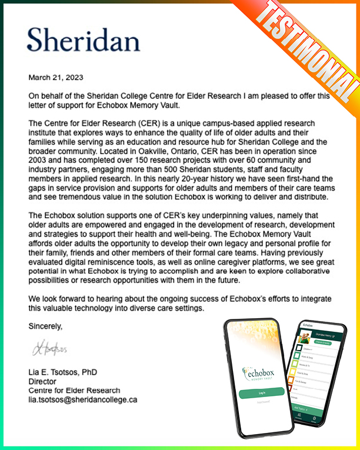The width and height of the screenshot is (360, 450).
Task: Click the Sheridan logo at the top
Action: click(x=83, y=39)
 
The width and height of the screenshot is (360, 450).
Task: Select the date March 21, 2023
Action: click(x=56, y=77)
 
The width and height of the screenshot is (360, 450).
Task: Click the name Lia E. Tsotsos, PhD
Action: click(x=63, y=372)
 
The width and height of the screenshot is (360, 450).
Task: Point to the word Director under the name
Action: click(x=43, y=381)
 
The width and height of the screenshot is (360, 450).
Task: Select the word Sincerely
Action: click(x=45, y=326)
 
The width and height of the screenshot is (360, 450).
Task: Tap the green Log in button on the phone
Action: click(x=262, y=392)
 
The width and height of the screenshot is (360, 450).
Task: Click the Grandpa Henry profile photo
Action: click(x=305, y=338)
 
